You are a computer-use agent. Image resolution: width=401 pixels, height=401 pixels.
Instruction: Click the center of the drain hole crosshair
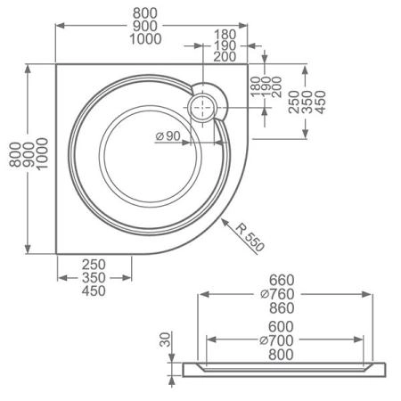click(203, 105)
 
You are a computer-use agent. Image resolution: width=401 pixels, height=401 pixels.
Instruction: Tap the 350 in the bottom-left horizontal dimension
click(94, 278)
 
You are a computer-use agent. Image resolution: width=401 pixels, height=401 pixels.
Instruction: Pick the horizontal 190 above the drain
click(225, 45)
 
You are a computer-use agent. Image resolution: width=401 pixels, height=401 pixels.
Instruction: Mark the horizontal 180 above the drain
click(225, 33)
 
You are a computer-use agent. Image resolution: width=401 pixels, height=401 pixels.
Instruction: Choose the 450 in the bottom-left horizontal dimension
click(94, 291)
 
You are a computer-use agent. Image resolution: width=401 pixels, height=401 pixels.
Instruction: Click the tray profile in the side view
click(284, 367)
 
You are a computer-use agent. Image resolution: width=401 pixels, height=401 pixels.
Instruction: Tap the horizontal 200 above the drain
click(225, 56)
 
